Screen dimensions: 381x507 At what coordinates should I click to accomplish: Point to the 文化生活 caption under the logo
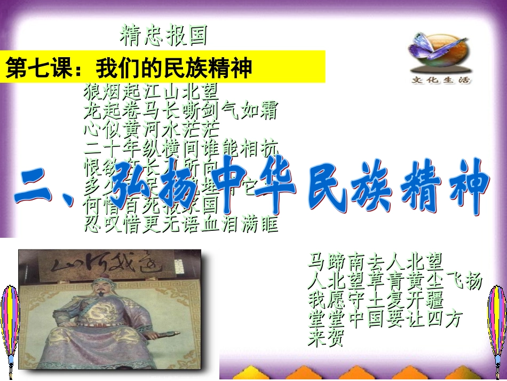click(441, 81)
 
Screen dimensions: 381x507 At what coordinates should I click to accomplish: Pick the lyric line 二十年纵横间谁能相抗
click(181, 147)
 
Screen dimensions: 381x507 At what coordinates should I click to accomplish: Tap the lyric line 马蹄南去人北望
click(375, 262)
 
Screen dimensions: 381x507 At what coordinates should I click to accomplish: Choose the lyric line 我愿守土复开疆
click(375, 299)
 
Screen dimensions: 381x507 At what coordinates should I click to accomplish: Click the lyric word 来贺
click(326, 338)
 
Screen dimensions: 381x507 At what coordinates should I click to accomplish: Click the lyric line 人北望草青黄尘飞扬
click(395, 281)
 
